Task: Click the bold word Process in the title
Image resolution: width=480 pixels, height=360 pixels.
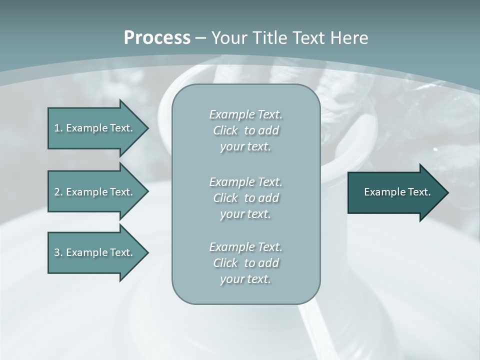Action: [157, 38]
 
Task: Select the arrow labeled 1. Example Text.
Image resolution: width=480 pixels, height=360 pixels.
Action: [95, 128]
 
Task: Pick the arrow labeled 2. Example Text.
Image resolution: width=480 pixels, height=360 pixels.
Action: [95, 192]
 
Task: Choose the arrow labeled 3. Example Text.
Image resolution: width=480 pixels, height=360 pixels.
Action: [95, 252]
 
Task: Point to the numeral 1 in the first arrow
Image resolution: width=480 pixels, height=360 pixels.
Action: [57, 128]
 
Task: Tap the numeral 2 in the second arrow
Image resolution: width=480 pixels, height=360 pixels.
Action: [57, 192]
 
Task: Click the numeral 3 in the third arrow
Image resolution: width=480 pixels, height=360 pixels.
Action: [57, 252]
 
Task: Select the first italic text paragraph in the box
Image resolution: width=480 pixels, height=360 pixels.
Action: [245, 130]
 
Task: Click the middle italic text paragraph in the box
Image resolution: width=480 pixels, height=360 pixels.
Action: [245, 198]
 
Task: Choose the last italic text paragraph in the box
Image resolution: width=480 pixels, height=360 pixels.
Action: [245, 263]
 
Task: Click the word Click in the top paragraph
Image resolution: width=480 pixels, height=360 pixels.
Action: [225, 131]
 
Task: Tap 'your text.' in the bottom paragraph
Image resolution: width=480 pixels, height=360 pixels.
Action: [245, 279]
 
